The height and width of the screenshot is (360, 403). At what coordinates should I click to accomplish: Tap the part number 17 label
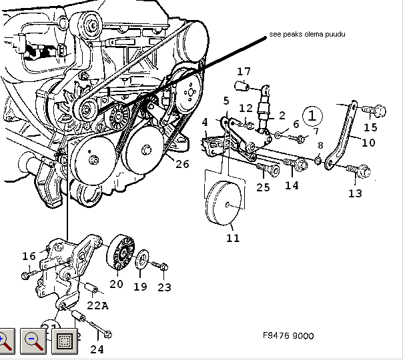pyautogui.click(x=244, y=71)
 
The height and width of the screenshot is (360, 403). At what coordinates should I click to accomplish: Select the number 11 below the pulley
pyautogui.click(x=232, y=237)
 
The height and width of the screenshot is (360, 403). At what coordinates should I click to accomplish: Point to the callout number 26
pyautogui.click(x=182, y=164)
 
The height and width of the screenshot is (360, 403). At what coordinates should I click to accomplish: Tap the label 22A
pyautogui.click(x=97, y=305)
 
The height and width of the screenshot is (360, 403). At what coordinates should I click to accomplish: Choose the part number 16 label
pyautogui.click(x=29, y=256)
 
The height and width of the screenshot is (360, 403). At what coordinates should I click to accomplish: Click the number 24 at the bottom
pyautogui.click(x=97, y=349)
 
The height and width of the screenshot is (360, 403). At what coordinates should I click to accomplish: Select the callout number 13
pyautogui.click(x=355, y=193)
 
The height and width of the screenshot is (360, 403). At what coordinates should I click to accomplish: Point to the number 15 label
pyautogui.click(x=370, y=127)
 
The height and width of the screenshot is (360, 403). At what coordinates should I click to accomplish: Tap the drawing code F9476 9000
pyautogui.click(x=288, y=336)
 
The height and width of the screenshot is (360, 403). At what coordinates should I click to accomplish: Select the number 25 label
pyautogui.click(x=263, y=187)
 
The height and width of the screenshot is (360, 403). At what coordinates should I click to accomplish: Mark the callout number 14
pyautogui.click(x=292, y=185)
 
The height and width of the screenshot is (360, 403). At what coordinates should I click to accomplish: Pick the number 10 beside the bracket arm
pyautogui.click(x=368, y=142)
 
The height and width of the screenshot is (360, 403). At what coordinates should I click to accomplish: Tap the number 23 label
pyautogui.click(x=164, y=287)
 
